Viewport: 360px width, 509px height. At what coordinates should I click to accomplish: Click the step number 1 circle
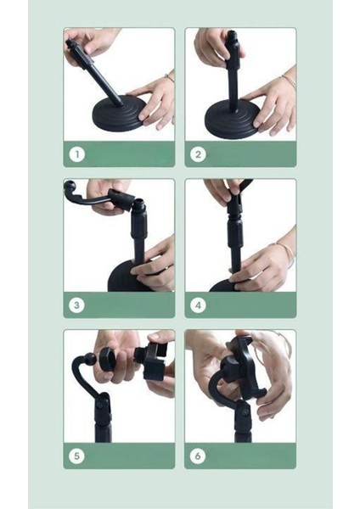pos(77,154)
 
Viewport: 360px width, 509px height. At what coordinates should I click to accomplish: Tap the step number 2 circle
pos(198,154)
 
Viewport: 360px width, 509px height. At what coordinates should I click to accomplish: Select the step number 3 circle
pos(77,305)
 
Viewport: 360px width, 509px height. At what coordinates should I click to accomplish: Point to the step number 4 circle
pos(198,305)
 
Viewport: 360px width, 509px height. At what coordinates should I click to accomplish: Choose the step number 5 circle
pos(77,456)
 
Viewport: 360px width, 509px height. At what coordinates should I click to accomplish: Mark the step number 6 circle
pos(198,456)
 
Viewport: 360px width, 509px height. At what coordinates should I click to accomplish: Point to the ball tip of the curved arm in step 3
pos(70,187)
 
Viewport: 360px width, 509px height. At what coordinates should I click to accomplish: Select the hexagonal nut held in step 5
pos(108,359)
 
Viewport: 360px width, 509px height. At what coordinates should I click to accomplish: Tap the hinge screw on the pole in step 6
pos(246,412)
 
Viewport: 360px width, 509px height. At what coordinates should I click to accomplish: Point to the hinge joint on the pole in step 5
pos(103,404)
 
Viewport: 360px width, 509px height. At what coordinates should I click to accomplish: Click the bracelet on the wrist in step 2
pos(290,81)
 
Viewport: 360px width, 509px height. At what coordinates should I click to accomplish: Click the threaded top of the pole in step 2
pos(232,36)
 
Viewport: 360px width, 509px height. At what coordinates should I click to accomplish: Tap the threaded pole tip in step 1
pos(71,44)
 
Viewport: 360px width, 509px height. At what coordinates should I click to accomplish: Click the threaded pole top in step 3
pos(138,204)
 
